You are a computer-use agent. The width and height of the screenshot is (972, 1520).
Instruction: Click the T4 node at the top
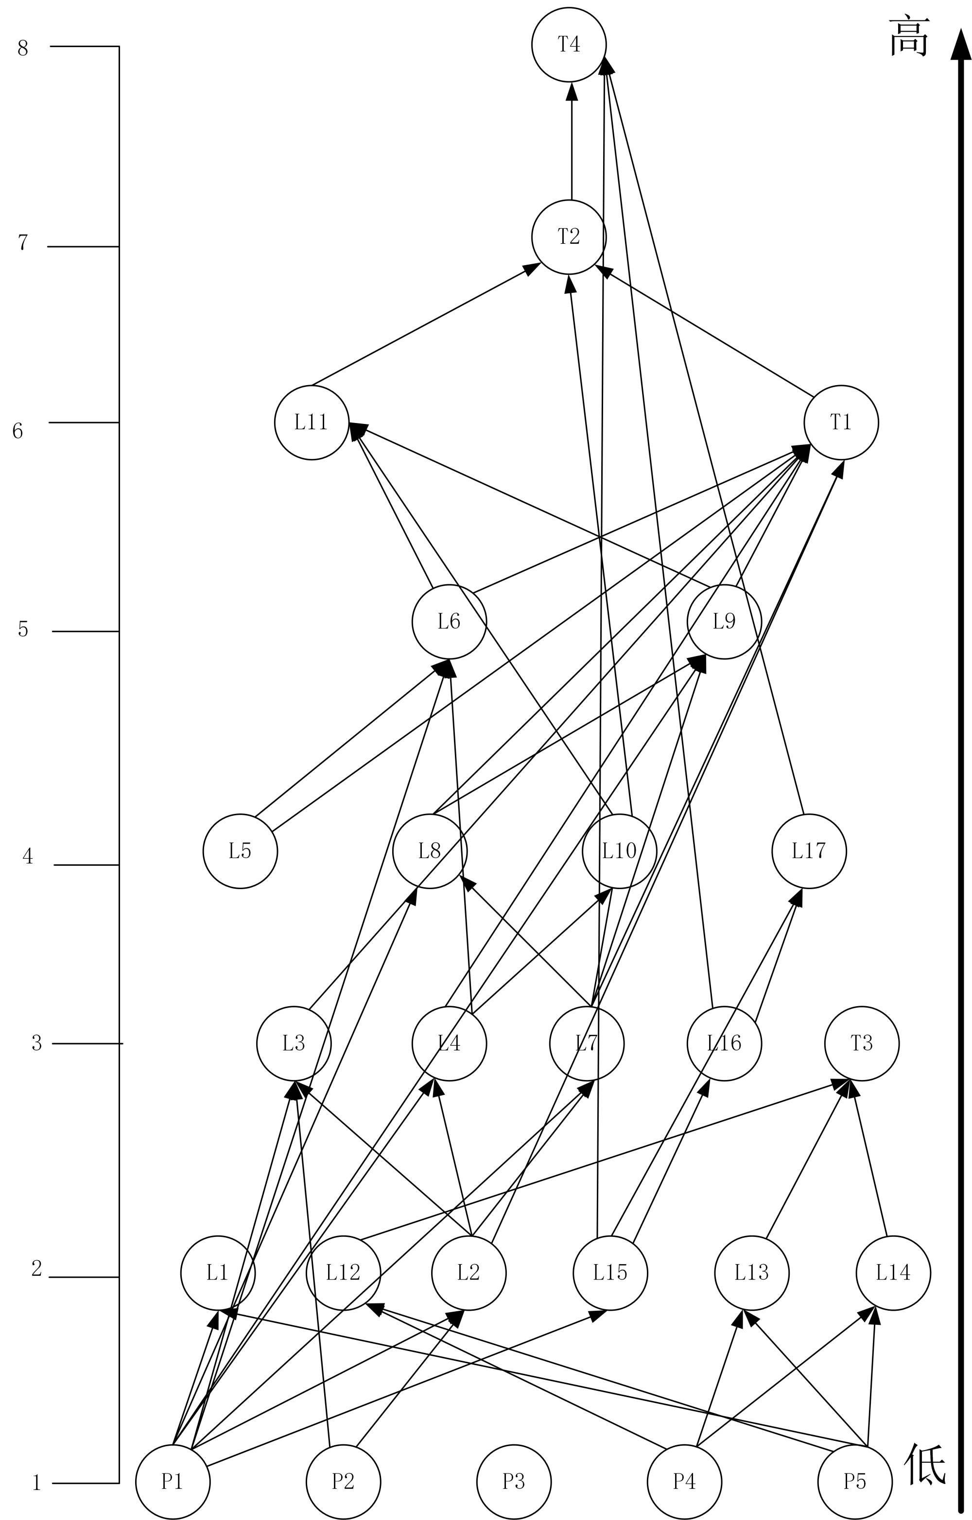pyautogui.click(x=569, y=45)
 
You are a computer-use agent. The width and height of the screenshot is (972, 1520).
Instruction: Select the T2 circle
pyautogui.click(x=569, y=237)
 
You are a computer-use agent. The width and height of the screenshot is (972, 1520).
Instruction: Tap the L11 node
pyautogui.click(x=312, y=422)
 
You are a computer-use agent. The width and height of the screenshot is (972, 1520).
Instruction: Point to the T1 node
pyautogui.click(x=841, y=422)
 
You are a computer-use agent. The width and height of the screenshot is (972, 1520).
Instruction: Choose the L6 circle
pyautogui.click(x=449, y=622)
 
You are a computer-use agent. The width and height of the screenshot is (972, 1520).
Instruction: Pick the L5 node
pyautogui.click(x=240, y=851)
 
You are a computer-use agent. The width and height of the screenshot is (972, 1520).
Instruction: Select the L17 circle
pyautogui.click(x=808, y=851)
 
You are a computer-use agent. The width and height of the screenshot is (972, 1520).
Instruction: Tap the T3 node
pyautogui.click(x=862, y=1044)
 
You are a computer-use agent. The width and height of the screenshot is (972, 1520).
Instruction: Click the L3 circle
pyautogui.click(x=294, y=1044)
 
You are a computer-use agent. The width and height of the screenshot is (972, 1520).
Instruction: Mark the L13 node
pyautogui.click(x=751, y=1272)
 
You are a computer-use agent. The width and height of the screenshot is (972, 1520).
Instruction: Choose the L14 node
pyautogui.click(x=893, y=1272)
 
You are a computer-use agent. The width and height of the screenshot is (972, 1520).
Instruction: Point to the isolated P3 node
pyautogui.click(x=514, y=1482)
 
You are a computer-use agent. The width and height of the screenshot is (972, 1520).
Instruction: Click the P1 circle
pyautogui.click(x=173, y=1482)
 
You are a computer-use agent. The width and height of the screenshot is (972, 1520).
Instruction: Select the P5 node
pyautogui.click(x=854, y=1482)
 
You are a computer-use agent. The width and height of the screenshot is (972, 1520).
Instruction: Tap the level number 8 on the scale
pyautogui.click(x=23, y=48)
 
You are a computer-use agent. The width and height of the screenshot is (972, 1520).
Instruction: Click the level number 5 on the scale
pyautogui.click(x=23, y=629)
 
